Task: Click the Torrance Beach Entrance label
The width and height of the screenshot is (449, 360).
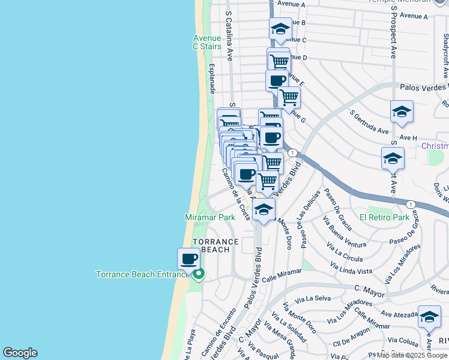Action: point(143,274)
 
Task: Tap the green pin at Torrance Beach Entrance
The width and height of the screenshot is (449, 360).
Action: point(198,274)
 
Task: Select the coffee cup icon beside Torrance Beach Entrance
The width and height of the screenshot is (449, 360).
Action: point(188,259)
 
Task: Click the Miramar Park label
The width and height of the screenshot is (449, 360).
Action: point(209,217)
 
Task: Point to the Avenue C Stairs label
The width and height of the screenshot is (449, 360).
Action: point(207,42)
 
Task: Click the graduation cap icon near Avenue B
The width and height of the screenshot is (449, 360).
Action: point(280,28)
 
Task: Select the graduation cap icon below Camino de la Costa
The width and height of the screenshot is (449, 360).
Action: point(264,209)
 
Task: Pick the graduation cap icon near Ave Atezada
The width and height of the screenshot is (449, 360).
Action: point(429,316)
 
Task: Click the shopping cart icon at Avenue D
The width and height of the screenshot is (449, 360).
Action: point(279,60)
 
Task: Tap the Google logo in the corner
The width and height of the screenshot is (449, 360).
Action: point(20,353)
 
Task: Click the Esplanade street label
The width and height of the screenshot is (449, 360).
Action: point(211,79)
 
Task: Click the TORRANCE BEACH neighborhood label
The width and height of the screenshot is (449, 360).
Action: point(215,245)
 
